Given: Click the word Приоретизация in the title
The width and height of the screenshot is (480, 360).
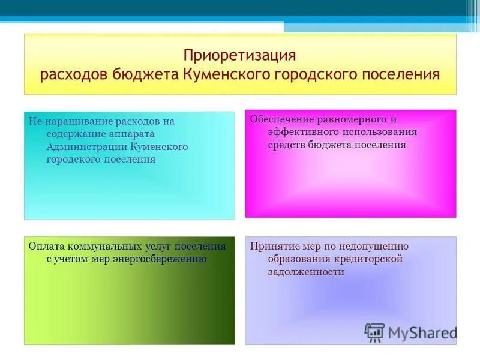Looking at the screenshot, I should click(240, 55).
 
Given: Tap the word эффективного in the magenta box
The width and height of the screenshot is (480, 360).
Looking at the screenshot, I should click(297, 131).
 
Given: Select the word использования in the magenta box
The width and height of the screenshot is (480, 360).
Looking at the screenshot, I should click(379, 131).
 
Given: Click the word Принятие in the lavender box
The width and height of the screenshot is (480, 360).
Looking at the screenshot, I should click(269, 246).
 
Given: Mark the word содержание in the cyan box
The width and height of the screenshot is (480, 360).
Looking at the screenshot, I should click(74, 134).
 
